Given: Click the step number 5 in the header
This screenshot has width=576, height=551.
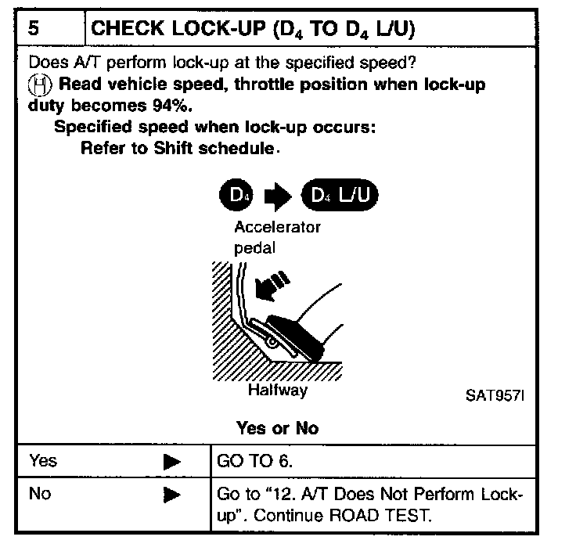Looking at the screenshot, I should coord(35,29).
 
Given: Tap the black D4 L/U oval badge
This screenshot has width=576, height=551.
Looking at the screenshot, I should coord(338,196).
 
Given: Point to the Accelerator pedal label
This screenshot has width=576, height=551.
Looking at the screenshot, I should coord(277,236).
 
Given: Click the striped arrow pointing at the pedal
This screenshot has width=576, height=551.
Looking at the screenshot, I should coord(272,287).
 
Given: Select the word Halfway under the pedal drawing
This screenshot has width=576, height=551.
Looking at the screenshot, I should coord(277,390).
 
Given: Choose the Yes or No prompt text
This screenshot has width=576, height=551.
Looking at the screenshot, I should coord(277,428).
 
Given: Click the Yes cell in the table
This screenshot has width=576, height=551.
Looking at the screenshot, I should coord(43,461).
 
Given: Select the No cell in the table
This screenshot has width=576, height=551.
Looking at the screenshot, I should coord(40,494).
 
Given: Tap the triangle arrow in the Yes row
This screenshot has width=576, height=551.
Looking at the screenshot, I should coord(172,462).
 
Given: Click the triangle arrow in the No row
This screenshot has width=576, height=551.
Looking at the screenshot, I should coord(172,495).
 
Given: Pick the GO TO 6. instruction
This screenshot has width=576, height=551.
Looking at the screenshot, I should coord(251,461).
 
